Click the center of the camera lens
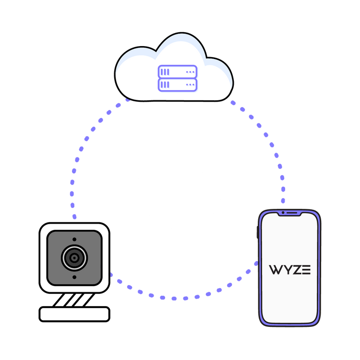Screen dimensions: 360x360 [x=74, y=258]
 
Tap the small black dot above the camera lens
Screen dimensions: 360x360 [x=74, y=239]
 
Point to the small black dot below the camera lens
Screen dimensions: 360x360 [x=74, y=277]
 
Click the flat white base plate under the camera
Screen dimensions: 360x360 [x=74, y=314]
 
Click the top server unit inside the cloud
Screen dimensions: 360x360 [x=178, y=72]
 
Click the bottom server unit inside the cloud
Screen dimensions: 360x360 [x=178, y=85]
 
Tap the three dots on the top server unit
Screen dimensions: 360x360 [x=190, y=72]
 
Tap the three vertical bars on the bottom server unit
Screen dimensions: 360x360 [x=165, y=85]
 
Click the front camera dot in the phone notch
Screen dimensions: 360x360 [x=284, y=213]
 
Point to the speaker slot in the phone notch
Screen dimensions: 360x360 [x=293, y=213]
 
